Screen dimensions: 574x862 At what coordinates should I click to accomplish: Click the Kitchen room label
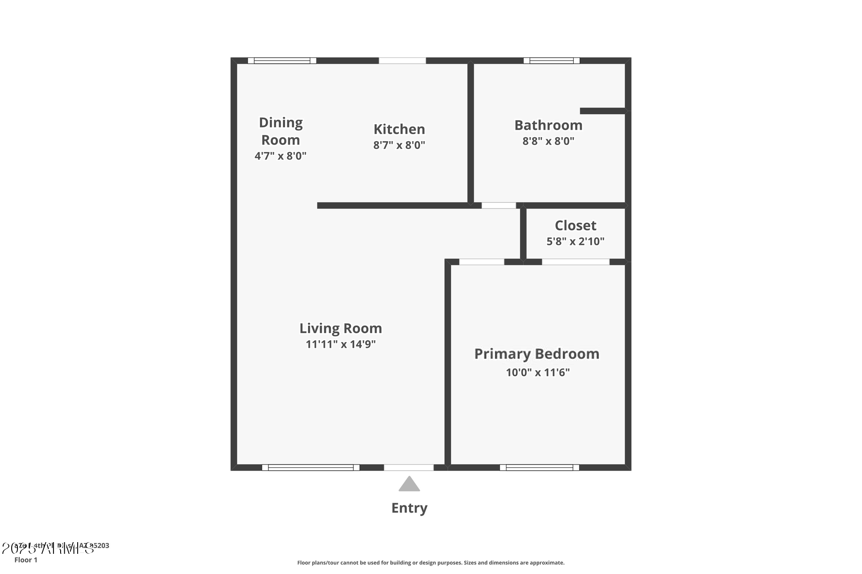point(399,129)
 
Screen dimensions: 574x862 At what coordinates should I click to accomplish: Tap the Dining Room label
point(281,131)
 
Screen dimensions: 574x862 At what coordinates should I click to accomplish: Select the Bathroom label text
point(548,125)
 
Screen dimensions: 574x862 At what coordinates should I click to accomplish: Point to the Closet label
point(575,225)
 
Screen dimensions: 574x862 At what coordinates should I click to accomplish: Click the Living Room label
point(341,328)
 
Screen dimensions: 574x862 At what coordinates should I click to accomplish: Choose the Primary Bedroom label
point(537,354)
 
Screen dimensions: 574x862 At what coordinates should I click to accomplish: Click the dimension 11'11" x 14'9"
point(341,344)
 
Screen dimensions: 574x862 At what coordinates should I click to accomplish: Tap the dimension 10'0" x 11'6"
point(537,372)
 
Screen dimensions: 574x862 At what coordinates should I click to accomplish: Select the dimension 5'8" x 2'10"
point(575,241)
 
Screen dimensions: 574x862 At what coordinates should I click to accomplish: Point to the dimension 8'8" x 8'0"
point(548,141)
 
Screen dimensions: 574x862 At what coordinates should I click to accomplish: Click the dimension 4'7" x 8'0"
point(281,156)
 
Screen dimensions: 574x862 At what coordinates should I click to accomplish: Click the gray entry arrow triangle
point(409,484)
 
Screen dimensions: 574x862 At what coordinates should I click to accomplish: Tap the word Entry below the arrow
point(409,508)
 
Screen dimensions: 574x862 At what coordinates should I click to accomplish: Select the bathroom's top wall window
point(551,61)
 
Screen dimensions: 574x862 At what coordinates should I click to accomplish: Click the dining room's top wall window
point(282,61)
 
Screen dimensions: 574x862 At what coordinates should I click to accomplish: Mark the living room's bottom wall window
point(311,467)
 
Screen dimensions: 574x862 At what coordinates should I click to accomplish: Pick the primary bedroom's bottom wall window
point(539,467)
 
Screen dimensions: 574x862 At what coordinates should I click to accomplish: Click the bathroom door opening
point(498,205)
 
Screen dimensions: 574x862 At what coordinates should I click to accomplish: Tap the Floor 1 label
point(26,560)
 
